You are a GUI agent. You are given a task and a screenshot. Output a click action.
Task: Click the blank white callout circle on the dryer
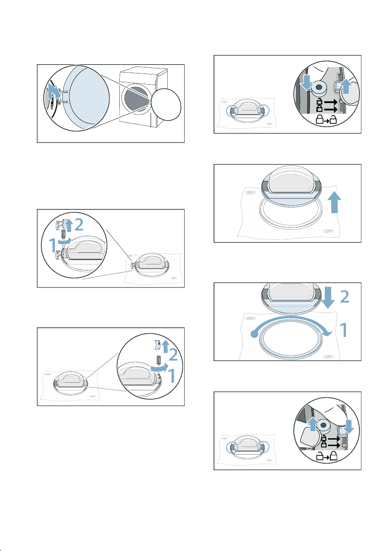(x=166, y=104)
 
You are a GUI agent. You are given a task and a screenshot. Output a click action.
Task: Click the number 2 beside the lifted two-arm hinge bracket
(x=79, y=225)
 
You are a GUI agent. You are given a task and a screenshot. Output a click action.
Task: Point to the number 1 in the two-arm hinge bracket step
(x=52, y=245)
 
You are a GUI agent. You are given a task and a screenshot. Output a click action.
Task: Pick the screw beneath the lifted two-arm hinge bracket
(x=64, y=234)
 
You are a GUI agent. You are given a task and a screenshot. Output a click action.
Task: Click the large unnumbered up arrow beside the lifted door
(x=336, y=202)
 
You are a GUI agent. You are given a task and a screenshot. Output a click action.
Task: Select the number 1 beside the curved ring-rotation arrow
(x=345, y=331)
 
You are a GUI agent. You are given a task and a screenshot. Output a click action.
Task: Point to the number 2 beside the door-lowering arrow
(x=345, y=297)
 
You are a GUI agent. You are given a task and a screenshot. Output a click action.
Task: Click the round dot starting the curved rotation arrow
(x=254, y=335)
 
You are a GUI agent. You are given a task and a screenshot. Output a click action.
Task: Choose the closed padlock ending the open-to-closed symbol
(x=333, y=456)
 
